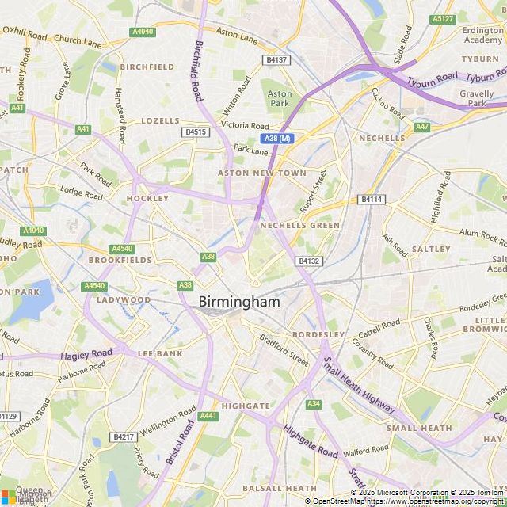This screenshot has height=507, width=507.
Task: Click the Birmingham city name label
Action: coord(238,302)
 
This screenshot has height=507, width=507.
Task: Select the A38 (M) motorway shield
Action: coord(278,139)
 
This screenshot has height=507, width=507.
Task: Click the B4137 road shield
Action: coord(276,59)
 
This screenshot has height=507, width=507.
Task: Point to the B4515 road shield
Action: coord(195,132)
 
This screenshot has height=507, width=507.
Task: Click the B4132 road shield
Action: coord(308,261)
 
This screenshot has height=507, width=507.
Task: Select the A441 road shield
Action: coord(208,415)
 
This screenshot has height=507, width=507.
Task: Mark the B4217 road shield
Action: coord(123,436)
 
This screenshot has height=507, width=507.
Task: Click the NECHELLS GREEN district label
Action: coord(299,226)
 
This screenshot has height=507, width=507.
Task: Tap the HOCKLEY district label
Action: coord(147,198)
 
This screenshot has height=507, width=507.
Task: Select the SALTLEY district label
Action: coord(431,249)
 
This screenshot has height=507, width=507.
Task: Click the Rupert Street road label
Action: coord(313,193)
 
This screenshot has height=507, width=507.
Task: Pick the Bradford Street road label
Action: coord(284,349)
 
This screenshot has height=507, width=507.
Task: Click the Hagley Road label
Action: coord(86,354)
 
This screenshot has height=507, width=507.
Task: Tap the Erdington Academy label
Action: coord(483,35)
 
